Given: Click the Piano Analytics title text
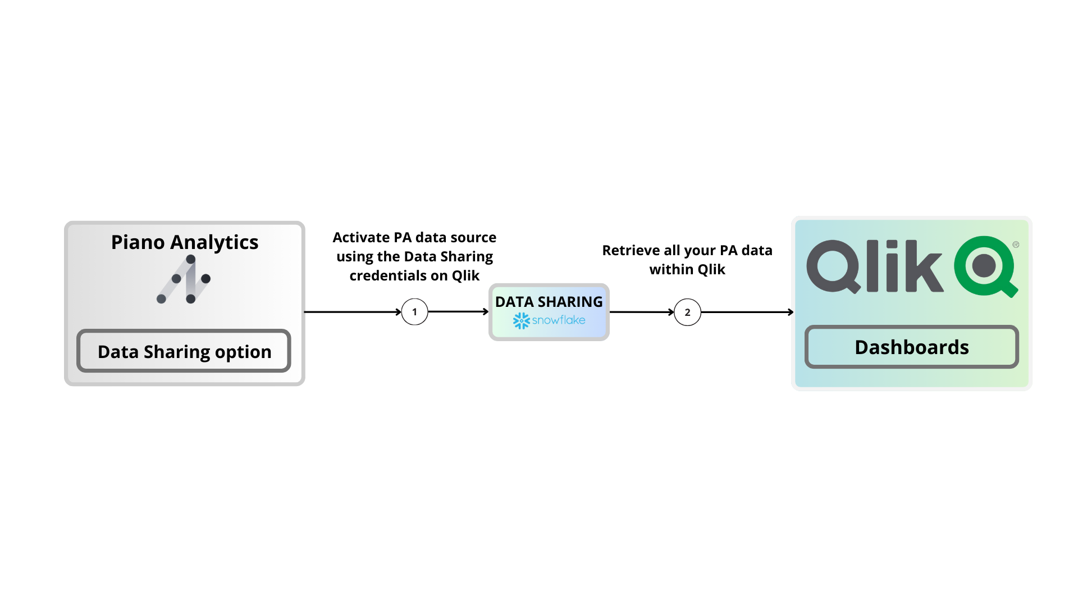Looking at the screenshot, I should tap(184, 242).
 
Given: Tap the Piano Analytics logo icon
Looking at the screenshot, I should tap(184, 279).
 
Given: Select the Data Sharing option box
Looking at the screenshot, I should tap(184, 351).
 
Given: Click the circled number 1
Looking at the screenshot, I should tap(415, 312).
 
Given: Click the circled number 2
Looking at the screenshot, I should tap(687, 312).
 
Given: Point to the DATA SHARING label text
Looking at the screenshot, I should tap(549, 302).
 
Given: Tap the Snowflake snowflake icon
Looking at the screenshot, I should tap(521, 320).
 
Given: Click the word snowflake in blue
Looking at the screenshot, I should tap(559, 320).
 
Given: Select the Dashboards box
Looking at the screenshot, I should tap(911, 347).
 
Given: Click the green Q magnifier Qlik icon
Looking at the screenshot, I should tap(985, 266).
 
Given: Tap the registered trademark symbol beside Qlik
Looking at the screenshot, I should tap(1016, 244).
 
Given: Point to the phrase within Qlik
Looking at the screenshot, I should tap(687, 269).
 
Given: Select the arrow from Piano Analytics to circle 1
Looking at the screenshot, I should tap(353, 312).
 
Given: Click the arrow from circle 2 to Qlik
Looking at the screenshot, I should tap(747, 312).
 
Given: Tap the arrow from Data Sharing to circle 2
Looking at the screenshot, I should tap(642, 312).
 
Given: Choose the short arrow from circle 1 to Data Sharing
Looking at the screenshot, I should tap(458, 311).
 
